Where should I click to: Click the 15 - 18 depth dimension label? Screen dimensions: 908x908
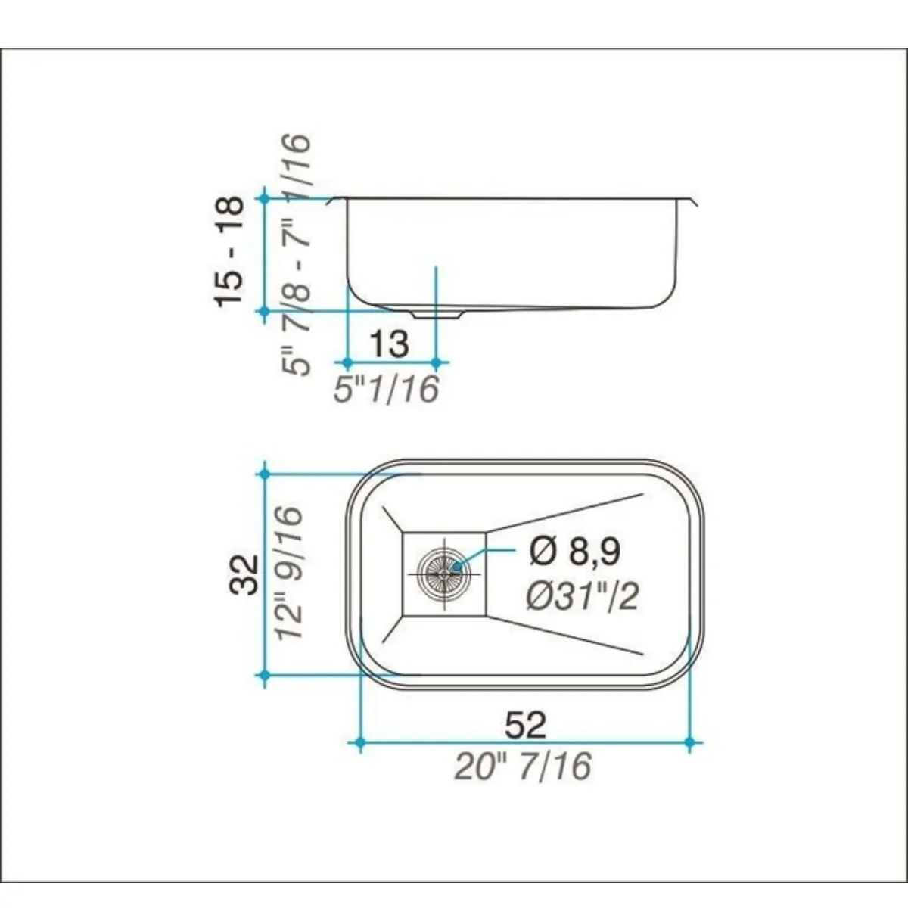(229, 252)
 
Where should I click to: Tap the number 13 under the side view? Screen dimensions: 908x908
(390, 344)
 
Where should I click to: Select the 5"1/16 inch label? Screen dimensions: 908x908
(387, 389)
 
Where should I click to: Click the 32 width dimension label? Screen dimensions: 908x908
(244, 574)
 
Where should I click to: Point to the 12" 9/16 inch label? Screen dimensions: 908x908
(288, 573)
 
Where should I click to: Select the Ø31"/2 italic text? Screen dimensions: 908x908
(582, 597)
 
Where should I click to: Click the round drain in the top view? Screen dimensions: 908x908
(443, 573)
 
